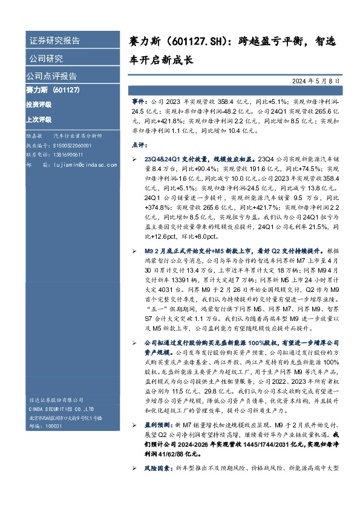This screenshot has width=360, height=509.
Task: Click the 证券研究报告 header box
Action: tap(54, 41)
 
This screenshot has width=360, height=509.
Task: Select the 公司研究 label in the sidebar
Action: tap(46, 59)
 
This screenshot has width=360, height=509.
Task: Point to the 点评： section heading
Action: tap(139, 146)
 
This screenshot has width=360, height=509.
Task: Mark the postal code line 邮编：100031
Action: tap(42, 426)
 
